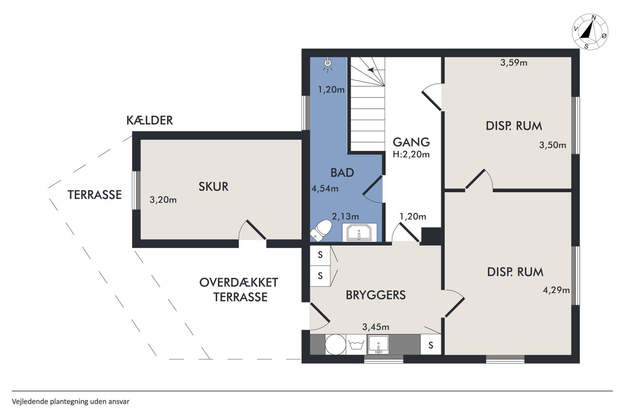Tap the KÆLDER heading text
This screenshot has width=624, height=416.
coord(150,120)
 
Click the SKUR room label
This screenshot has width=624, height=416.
coord(214,186)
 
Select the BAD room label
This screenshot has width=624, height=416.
coord(342,173)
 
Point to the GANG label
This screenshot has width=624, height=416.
coord(411,142)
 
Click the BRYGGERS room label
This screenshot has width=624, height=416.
coord(375,295)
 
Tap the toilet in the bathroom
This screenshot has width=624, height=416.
coord(321,230)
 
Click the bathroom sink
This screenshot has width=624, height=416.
coord(359,232)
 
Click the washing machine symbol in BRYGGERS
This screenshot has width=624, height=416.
coord(356,344)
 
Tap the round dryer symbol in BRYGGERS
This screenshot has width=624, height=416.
coord(335,344)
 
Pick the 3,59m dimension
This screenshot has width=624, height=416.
coord(514,63)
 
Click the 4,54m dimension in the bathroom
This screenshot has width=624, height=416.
coord(325,189)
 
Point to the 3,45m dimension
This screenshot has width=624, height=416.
coord(376,327)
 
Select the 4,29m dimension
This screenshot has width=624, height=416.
coord(556,290)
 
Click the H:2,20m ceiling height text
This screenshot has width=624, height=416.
coord(411,155)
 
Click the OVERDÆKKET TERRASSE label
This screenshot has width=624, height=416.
coord(239,290)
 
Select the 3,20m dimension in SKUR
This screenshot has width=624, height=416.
coord(163,200)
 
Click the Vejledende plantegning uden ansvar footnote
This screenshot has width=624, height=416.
coord(71,401)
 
